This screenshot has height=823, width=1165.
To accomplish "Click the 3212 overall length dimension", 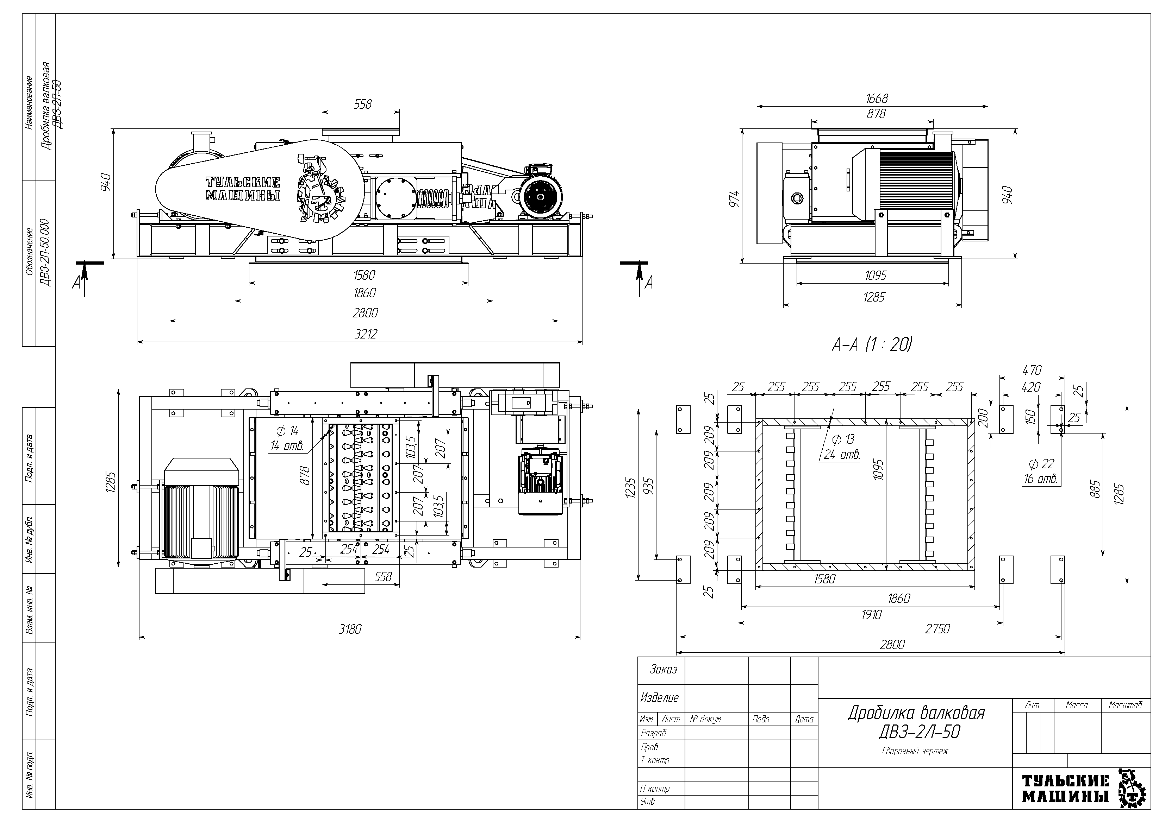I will coord(365,334).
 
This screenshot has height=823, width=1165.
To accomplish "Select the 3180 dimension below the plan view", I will coord(350,629).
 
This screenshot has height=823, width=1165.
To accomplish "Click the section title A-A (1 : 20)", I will coord(872,345).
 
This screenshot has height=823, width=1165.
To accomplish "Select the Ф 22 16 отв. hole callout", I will coord(1041,471).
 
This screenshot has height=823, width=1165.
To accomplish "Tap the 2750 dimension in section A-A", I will coord(937,629).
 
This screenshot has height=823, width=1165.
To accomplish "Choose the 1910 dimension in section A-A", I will coord(871,615).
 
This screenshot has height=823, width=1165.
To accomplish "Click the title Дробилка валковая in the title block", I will coord(916,713).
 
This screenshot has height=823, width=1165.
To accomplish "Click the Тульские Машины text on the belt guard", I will coord(243,189).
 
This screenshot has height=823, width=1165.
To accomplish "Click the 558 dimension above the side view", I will coord(363,104).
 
